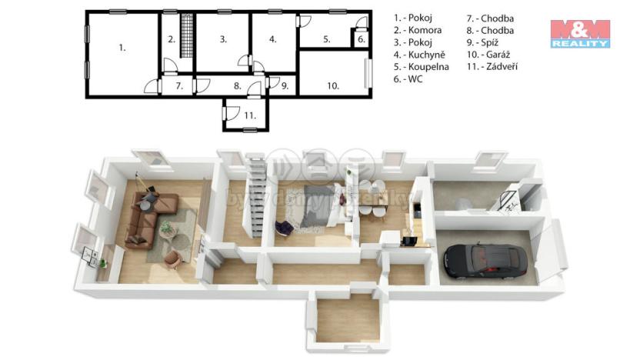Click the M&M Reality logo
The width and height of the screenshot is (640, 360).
click(x=580, y=34)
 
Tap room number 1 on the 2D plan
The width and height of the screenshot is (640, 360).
click(x=122, y=48)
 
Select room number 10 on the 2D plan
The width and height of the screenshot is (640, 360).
click(x=332, y=86)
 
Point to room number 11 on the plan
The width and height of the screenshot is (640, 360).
click(x=249, y=115)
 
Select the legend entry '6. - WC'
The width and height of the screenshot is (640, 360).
click(x=410, y=79)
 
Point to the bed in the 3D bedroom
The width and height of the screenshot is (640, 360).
click(x=315, y=205)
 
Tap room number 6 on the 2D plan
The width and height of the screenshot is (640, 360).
click(x=361, y=39)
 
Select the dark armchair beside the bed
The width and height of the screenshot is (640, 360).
click(x=282, y=226)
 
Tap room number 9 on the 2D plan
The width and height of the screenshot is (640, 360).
click(x=284, y=86)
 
